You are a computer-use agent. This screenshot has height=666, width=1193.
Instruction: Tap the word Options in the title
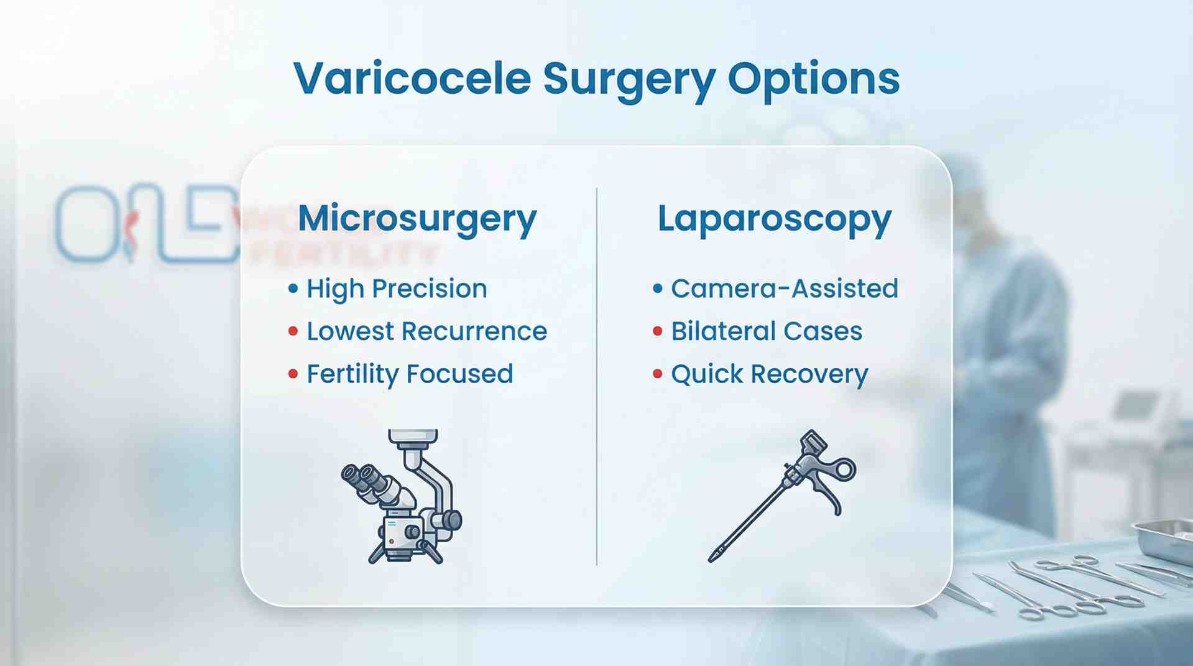(813, 79)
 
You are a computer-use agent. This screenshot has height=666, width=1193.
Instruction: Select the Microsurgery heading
(417, 219)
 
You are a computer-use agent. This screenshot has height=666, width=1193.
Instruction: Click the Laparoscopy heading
(775, 219)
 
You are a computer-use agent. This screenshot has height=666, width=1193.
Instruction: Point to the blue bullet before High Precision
(293, 289)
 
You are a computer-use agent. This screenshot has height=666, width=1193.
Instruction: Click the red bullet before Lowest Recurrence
(293, 331)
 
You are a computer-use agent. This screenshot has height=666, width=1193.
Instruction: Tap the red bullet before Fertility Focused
(293, 374)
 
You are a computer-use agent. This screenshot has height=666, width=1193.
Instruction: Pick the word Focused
(460, 374)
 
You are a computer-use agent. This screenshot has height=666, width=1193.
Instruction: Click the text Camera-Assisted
(785, 289)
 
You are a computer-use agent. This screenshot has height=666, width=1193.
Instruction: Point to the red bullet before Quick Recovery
(658, 374)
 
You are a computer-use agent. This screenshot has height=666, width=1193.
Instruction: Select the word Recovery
(809, 374)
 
